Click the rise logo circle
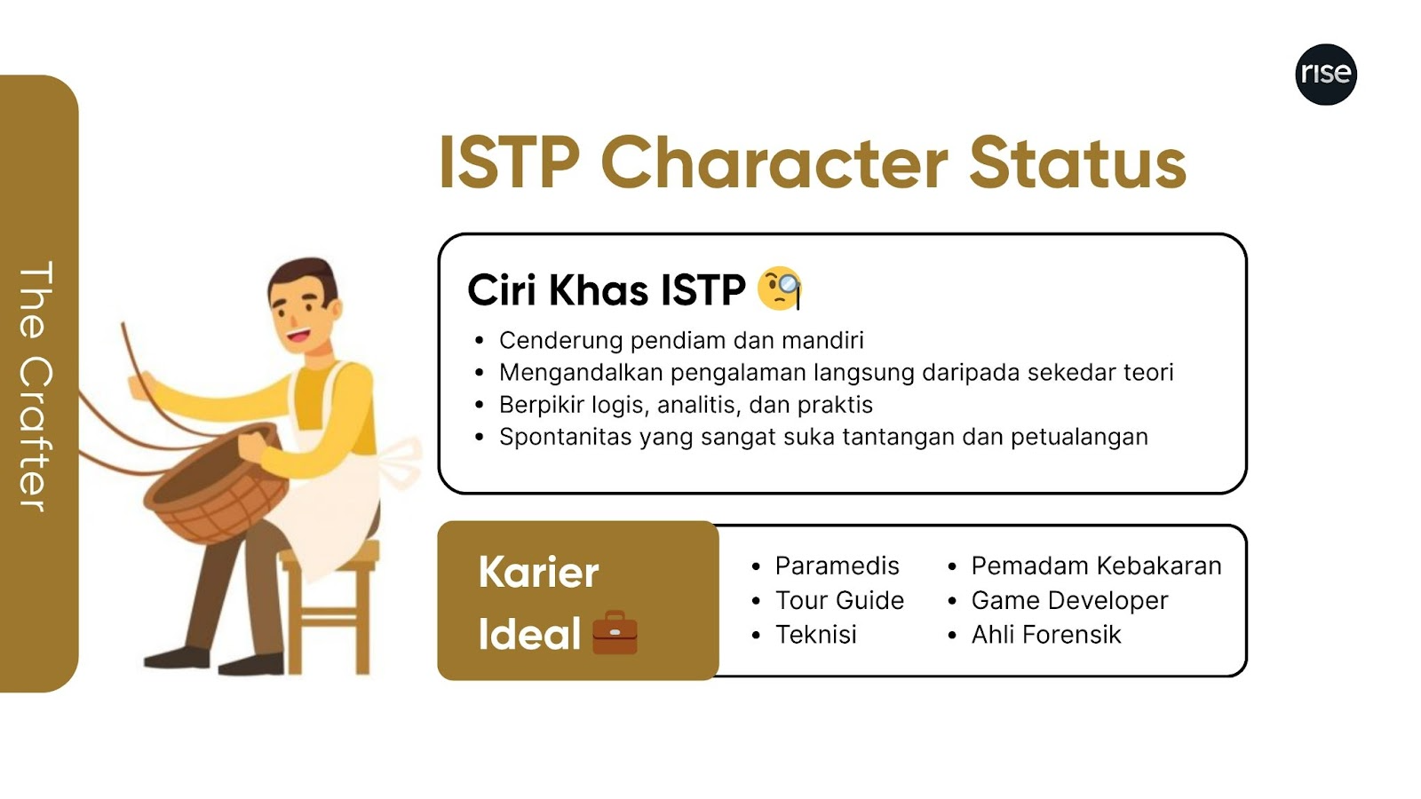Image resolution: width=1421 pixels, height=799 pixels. point(1326,75)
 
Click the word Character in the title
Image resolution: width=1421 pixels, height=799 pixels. point(774,163)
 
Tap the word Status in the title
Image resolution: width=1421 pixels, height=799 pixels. point(1077,163)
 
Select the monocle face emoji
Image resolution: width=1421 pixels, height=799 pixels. point(780,289)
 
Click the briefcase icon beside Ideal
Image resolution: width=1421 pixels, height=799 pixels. point(615,632)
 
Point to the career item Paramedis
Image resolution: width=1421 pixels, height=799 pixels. point(837,566)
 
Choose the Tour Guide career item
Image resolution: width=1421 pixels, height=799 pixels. point(839,600)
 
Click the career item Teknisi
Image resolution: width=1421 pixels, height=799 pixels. point(816,634)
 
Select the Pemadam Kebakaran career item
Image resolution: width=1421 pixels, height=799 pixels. point(1096,566)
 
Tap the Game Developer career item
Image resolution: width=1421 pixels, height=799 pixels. point(1069,600)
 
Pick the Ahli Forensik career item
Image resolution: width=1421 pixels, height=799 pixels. point(1046,634)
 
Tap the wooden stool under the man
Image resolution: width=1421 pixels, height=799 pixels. point(329,609)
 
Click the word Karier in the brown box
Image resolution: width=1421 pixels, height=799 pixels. point(538,572)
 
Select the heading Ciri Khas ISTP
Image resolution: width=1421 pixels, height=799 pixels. point(607,290)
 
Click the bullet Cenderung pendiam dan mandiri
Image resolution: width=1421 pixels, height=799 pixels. point(681,341)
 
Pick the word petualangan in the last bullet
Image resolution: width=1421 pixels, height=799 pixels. point(1079,438)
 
